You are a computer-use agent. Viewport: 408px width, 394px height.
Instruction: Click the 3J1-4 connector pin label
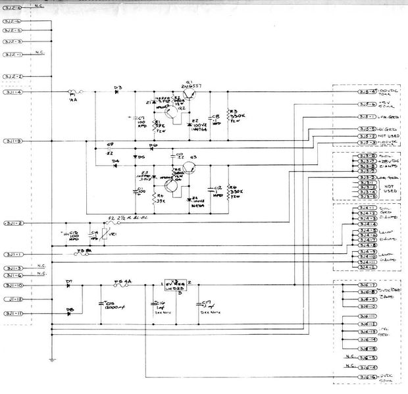(13, 92)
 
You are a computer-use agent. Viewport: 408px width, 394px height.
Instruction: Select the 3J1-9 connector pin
(13, 141)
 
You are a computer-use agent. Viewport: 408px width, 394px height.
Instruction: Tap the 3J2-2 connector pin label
(13, 77)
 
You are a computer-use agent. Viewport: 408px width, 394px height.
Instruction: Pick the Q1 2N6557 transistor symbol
(191, 94)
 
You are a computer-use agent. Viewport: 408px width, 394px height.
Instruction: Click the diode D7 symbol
(70, 285)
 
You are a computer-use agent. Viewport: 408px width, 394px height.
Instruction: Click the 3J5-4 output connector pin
(367, 93)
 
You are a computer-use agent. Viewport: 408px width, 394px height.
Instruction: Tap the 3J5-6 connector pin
(367, 105)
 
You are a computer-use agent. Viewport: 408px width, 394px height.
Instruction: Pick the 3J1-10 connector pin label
(13, 285)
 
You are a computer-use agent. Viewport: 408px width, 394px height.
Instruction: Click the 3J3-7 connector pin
(367, 160)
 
